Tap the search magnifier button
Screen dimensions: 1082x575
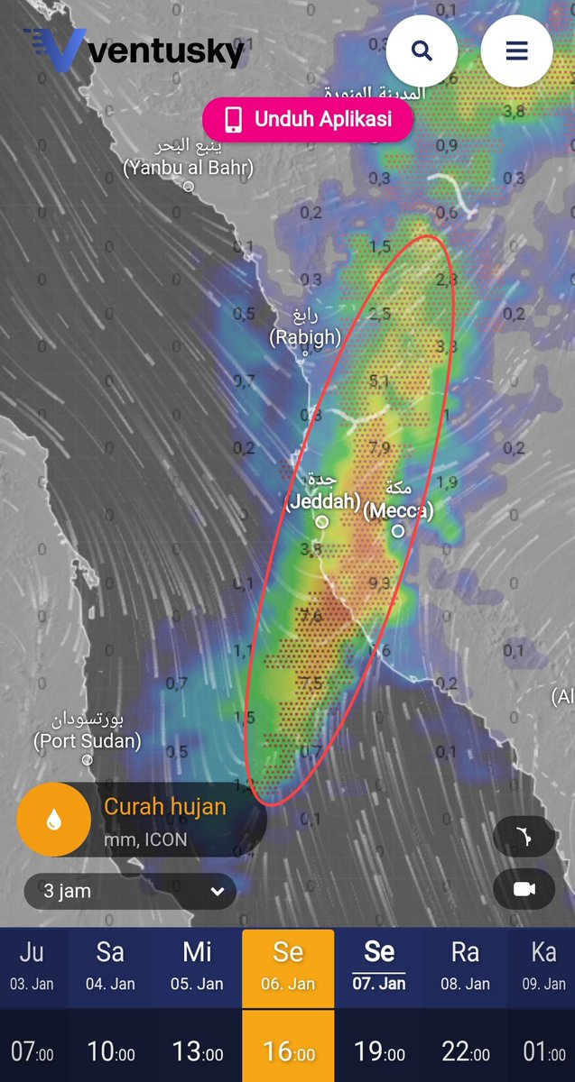click(x=422, y=50)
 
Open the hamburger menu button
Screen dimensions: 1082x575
click(x=516, y=50)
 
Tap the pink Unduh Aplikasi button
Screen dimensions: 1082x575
click(x=308, y=119)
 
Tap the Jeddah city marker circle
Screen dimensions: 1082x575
click(x=321, y=521)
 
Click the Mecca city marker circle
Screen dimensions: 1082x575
click(x=398, y=531)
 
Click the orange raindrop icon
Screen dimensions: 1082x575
click(x=54, y=819)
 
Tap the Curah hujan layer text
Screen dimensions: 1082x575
click(x=165, y=806)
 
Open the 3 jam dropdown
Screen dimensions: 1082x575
click(x=131, y=892)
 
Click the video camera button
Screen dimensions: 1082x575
click(x=524, y=890)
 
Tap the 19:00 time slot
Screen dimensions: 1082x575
click(x=379, y=1051)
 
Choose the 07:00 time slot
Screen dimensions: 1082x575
click(x=32, y=1051)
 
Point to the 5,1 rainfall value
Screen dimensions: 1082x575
click(x=379, y=381)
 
